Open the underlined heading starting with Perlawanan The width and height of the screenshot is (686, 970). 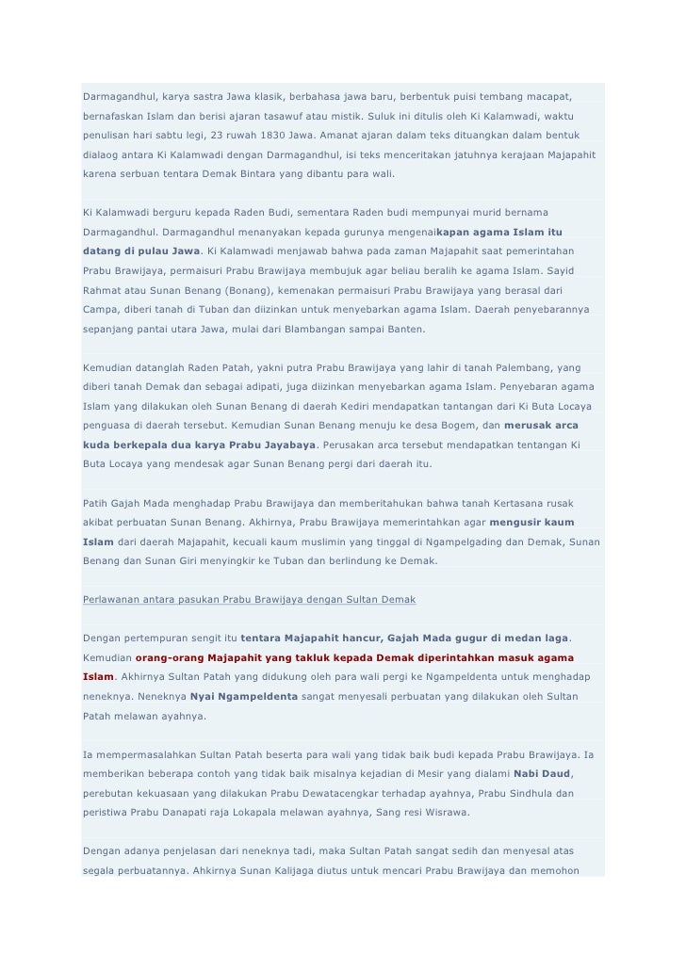pyautogui.click(x=249, y=601)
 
